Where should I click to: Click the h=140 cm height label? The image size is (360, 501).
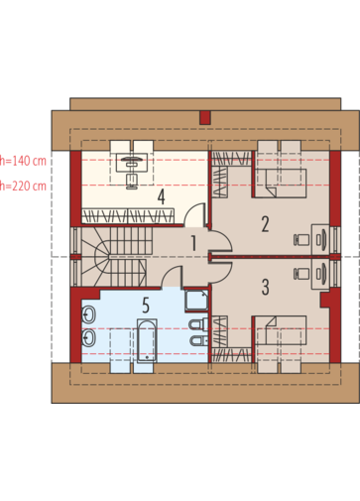(23, 161)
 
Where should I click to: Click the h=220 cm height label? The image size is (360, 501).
(23, 186)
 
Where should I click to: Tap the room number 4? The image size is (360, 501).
(161, 197)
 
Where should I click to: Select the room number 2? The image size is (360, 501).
(265, 224)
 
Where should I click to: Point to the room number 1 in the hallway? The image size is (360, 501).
(194, 243)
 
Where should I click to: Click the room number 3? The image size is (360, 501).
(265, 287)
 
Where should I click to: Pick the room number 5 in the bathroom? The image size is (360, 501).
(146, 306)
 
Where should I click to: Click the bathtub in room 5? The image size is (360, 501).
(147, 341)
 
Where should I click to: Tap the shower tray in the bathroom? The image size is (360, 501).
(197, 301)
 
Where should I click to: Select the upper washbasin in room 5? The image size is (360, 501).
(88, 314)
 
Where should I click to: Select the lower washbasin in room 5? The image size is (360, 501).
(88, 338)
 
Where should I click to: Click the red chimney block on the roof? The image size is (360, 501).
(205, 118)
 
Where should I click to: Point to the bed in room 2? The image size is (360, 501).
(281, 184)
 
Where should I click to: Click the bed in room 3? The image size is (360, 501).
(281, 330)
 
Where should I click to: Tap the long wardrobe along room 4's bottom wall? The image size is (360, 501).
(128, 215)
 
